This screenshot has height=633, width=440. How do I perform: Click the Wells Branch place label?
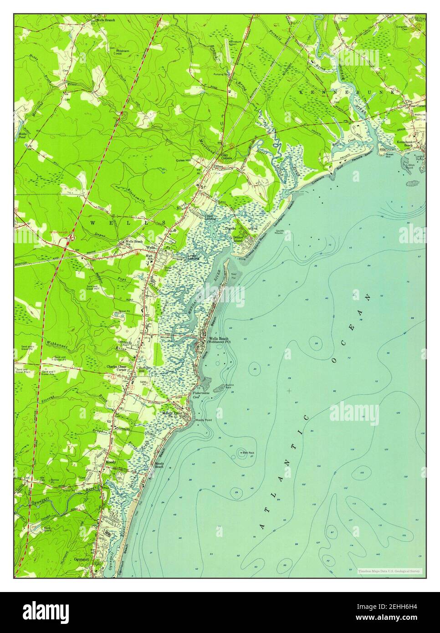[x=105, y=20]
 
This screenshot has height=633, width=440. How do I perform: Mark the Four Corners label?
[x=417, y=106]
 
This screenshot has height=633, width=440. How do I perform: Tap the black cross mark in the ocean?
[x=289, y=390]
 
